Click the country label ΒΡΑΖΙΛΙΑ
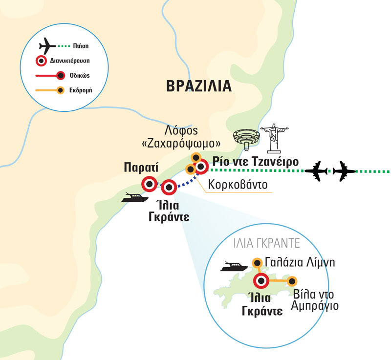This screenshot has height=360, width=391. tap(198, 86)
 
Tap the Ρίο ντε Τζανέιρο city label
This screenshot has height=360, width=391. tap(256, 161)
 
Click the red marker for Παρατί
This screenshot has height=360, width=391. tap(149, 184)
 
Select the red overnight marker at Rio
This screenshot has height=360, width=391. tap(201, 168)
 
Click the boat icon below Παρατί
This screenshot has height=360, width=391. tap(134, 197)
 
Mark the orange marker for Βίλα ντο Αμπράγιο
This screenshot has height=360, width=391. tap(292, 281)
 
